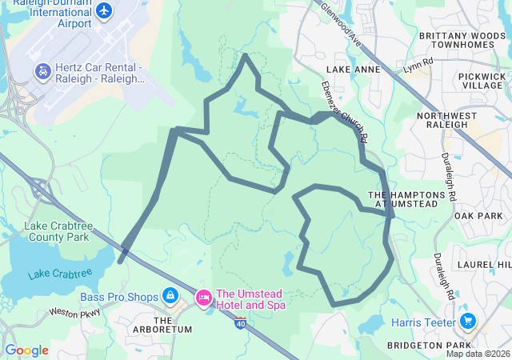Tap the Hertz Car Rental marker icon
coord(40,73)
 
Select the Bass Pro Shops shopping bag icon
coord(170,297)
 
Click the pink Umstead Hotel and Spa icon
coord(203,298)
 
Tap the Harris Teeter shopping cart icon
coord(468,322)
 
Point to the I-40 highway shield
coord(241,322)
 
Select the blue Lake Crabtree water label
coord(60,274)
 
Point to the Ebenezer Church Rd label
coord(344,110)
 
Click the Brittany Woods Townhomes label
coord(462,40)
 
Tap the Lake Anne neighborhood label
coord(354,70)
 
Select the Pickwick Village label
coord(481,80)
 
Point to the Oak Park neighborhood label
coord(478,216)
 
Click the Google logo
coord(27,350)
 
